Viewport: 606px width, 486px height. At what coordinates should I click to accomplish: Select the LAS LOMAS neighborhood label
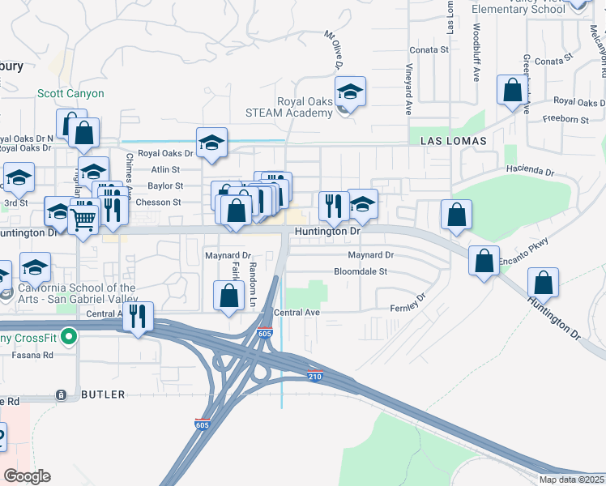coord(454,141)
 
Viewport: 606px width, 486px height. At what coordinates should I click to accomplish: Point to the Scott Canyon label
coord(70,94)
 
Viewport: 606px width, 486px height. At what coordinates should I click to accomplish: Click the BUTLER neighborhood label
coord(103,394)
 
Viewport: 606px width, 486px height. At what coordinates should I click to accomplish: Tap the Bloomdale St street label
coord(361,271)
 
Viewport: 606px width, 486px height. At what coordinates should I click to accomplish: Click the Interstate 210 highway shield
coord(316,375)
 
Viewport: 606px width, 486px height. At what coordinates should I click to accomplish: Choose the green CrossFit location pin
coord(70,335)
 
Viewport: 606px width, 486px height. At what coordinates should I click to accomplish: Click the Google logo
coord(28,476)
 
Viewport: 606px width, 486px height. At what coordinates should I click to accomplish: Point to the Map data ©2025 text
coord(571,480)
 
